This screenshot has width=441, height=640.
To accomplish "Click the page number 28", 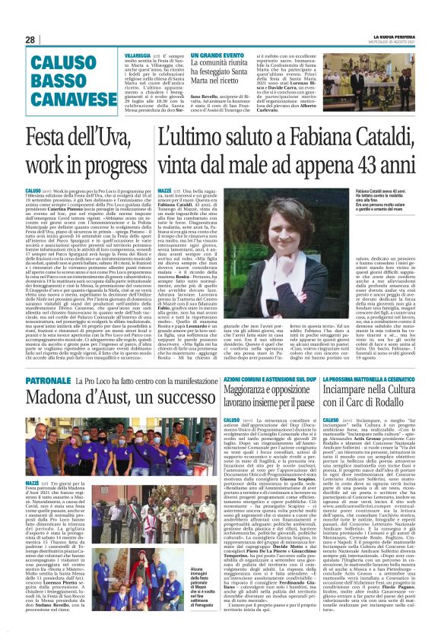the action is point(30,40).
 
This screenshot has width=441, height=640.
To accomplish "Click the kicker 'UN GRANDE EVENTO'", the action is point(217,56).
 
